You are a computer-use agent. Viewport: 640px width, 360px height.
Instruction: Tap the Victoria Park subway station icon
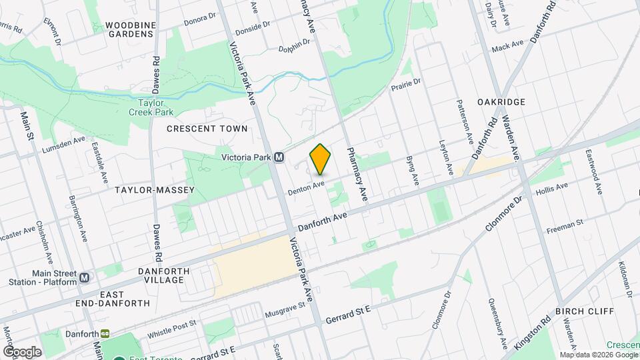coord(279,158)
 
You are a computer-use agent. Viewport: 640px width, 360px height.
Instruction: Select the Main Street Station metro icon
coord(84,277)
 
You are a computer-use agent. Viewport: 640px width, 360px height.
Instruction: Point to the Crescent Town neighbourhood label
coord(207,129)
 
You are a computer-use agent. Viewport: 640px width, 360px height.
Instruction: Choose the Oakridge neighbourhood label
coord(501,102)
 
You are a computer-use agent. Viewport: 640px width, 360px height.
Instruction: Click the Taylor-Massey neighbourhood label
coord(155,190)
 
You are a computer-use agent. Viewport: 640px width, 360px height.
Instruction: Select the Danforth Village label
coord(164,275)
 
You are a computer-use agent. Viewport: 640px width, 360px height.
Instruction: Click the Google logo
coord(22,351)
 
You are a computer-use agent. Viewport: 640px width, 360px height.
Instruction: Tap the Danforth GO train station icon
coord(105,333)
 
